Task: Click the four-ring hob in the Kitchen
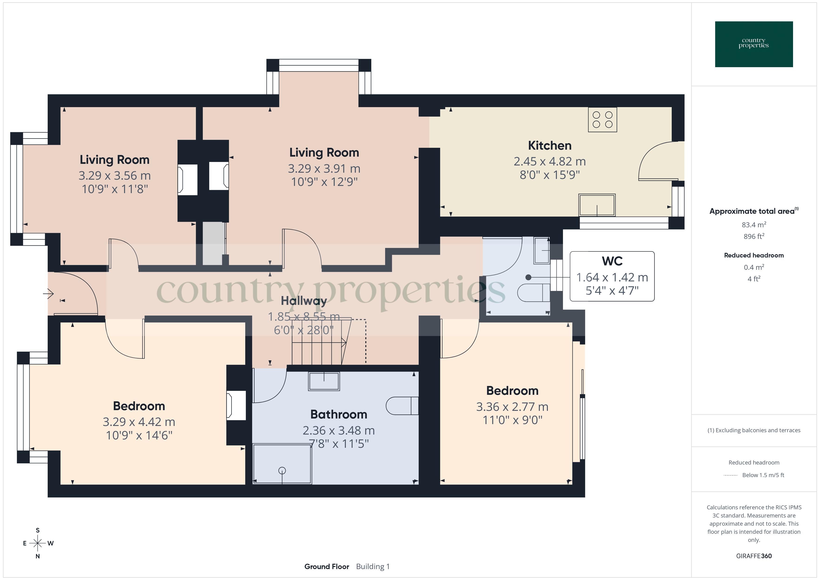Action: tap(602, 120)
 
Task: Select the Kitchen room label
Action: tap(549, 146)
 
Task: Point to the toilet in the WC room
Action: tap(534, 293)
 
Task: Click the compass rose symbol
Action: tap(37, 543)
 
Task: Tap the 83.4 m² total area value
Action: tap(754, 225)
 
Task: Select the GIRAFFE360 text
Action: tap(754, 556)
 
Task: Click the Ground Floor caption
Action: tap(326, 567)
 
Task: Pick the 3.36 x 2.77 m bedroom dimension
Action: tap(512, 407)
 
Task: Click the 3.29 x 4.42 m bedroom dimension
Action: tap(139, 422)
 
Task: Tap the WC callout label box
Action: tap(612, 276)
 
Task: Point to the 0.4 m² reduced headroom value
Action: tap(754, 267)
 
